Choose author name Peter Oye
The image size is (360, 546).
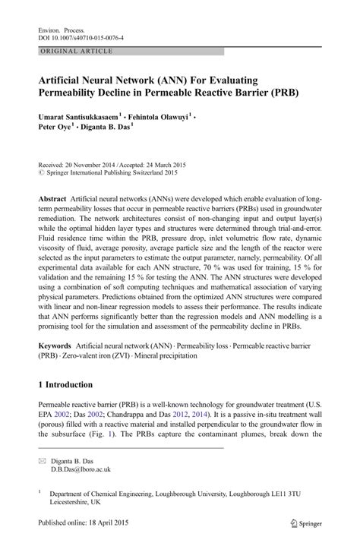pyautogui.click(x=55, y=129)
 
